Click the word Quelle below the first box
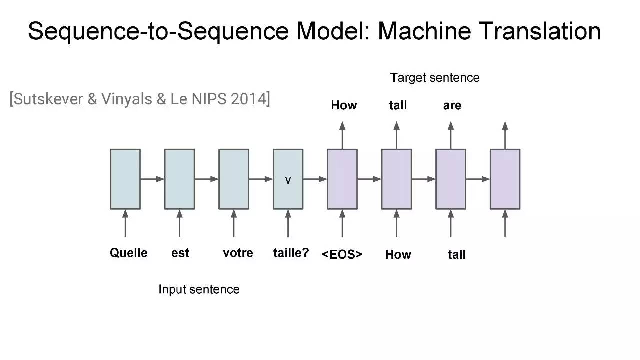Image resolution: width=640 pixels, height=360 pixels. (128, 253)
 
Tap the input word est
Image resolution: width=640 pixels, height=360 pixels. (180, 253)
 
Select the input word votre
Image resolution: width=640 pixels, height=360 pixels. (238, 253)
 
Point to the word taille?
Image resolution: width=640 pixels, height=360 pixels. (291, 253)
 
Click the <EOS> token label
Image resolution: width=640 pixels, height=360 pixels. (342, 254)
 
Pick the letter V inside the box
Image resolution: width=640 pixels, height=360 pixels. (288, 180)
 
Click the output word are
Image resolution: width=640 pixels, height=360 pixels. (452, 106)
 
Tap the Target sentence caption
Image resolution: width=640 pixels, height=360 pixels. (435, 78)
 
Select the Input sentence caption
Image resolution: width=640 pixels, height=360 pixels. (199, 289)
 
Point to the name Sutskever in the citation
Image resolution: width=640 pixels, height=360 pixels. (48, 99)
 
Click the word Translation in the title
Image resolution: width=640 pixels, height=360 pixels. (539, 31)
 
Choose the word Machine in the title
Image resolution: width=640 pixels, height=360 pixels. (424, 31)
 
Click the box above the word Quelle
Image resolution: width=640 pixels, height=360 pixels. (125, 179)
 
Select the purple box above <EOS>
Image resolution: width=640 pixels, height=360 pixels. (342, 179)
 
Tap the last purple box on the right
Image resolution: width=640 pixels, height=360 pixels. (505, 179)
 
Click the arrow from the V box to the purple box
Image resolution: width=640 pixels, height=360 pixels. (315, 179)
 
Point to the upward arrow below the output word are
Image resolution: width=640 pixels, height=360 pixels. (451, 135)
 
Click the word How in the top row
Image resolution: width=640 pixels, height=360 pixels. (344, 105)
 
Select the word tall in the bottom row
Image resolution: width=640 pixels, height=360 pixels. (456, 254)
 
